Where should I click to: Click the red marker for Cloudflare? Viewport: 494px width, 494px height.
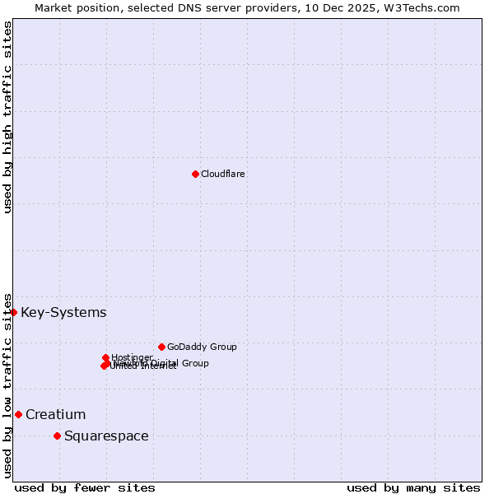pos(195,174)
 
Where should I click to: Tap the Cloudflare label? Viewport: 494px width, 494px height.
pos(223,174)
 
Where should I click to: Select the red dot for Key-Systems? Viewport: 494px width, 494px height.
pos(13,312)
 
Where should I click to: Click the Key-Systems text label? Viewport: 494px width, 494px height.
pos(63,313)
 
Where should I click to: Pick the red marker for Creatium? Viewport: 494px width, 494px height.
pos(18,414)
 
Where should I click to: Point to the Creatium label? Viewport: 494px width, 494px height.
pos(55,414)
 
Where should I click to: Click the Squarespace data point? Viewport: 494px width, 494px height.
pos(57,436)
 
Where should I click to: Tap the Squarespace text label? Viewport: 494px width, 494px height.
pos(106,436)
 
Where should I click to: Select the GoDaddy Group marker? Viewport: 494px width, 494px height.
pos(161,347)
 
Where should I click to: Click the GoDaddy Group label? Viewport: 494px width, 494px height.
pos(202,347)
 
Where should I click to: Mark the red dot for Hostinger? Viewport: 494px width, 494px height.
pos(105,357)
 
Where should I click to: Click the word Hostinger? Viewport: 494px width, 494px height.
pos(133,357)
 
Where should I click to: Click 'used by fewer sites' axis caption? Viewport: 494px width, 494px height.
pos(85,487)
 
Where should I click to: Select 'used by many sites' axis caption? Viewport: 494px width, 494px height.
pos(413,487)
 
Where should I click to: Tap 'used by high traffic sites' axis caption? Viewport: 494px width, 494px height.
pos(8,118)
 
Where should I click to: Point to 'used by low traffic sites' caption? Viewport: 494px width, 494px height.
pos(8,384)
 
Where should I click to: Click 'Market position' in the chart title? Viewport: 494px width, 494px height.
pos(78,7)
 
